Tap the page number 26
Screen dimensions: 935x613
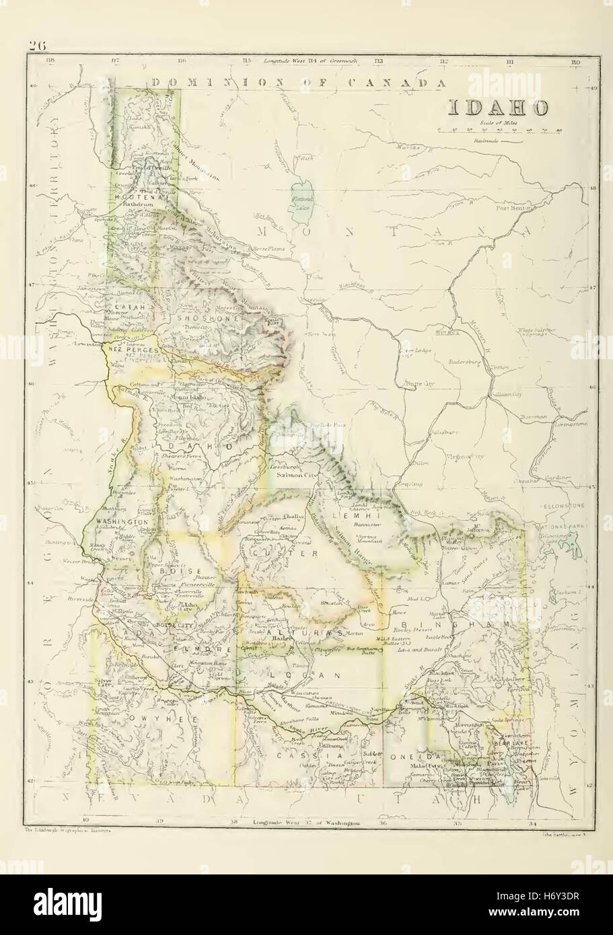coord(36,46)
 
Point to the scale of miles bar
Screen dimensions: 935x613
coord(499,131)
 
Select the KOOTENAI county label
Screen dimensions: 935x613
coord(135,196)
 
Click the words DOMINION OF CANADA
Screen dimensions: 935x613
coord(299,83)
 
